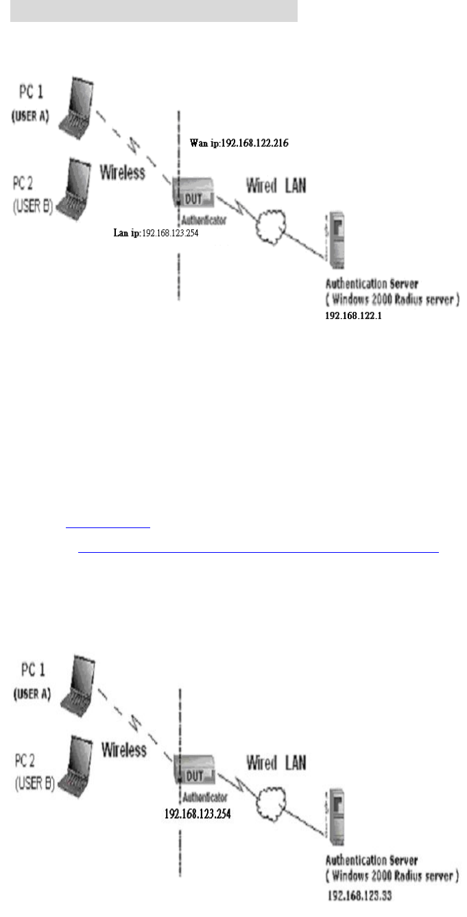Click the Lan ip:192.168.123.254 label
coord(159,233)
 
